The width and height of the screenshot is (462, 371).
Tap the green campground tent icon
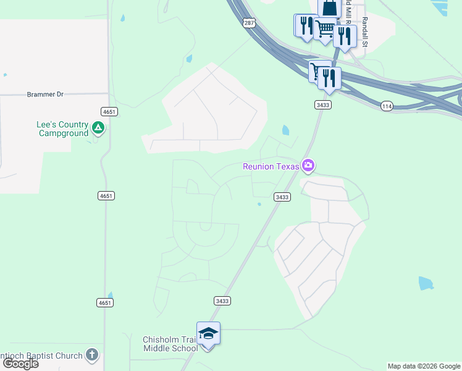click(x=98, y=128)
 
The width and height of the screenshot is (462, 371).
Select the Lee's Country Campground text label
click(x=62, y=129)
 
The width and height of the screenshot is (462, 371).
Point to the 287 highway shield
click(x=248, y=23)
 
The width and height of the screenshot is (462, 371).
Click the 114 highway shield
click(x=387, y=106)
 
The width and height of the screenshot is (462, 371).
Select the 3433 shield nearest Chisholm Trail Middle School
click(x=222, y=301)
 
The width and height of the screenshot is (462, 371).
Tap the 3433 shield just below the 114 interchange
click(x=322, y=105)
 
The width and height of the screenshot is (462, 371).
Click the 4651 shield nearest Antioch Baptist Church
click(x=105, y=302)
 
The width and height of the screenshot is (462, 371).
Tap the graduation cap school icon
click(x=209, y=333)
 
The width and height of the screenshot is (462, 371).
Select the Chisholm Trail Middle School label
click(x=170, y=344)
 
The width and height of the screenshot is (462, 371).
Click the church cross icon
click(x=92, y=355)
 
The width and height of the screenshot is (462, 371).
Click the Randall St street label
click(x=365, y=32)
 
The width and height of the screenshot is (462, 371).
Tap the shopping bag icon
click(x=330, y=8)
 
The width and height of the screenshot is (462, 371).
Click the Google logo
click(x=20, y=364)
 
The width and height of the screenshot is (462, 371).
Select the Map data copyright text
click(x=424, y=366)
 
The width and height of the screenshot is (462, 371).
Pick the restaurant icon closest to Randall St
click(x=345, y=36)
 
